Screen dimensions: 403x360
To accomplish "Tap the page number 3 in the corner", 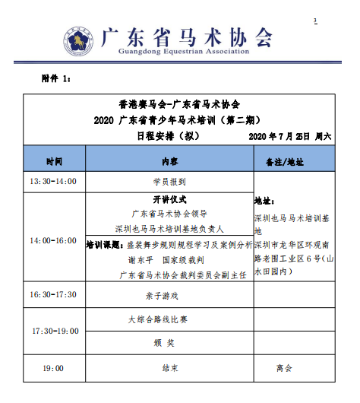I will [315, 20].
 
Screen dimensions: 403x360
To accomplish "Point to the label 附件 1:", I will [55, 79].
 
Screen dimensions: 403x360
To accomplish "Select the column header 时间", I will [54, 162].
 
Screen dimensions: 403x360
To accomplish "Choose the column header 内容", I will [169, 162].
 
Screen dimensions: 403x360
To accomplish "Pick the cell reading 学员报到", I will [169, 182].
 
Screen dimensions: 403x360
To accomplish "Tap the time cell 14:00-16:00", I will [53, 240].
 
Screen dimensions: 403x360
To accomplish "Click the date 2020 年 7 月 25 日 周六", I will [290, 137].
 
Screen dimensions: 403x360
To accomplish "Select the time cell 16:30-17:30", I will [53, 294].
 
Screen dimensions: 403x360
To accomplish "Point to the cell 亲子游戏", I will [169, 294].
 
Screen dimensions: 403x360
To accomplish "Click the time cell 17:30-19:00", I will [53, 331].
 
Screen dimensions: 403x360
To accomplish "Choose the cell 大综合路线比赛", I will [169, 319].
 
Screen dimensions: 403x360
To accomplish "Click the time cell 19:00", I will [53, 368].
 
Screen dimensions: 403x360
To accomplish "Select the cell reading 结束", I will [169, 368].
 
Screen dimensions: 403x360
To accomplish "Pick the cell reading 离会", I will [284, 368].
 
